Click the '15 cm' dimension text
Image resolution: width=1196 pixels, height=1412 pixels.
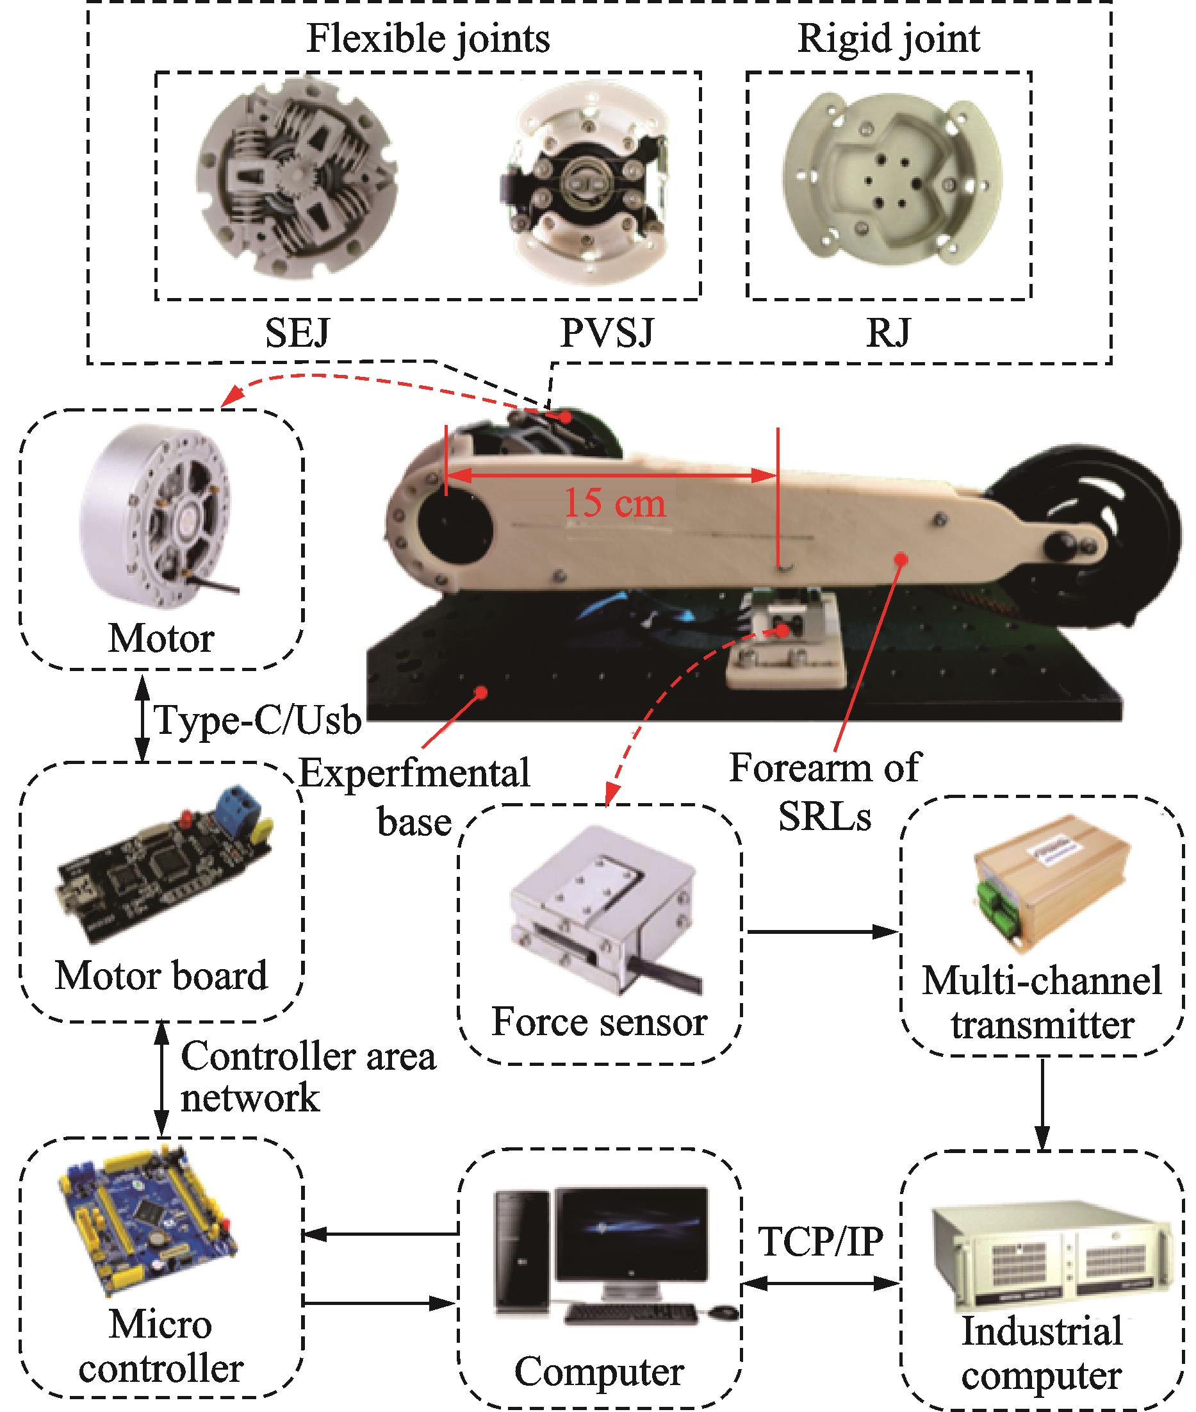coord(614,503)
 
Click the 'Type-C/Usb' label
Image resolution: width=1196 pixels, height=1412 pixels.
coord(258,720)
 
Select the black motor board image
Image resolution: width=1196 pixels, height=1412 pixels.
coord(163,875)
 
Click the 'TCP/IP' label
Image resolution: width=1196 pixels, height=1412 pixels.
coord(821,1241)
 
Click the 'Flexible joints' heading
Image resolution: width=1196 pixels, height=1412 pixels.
coord(428,38)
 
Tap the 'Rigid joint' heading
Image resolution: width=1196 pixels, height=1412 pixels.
coord(888,38)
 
